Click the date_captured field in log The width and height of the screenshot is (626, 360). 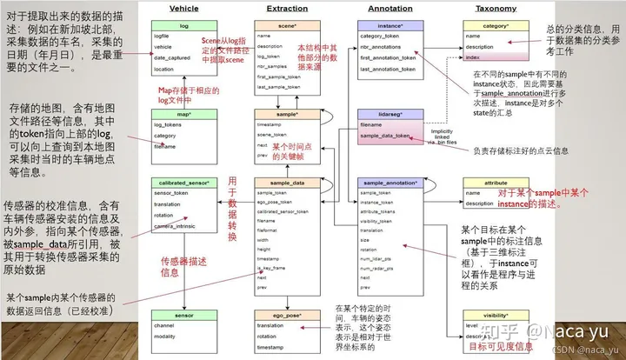[x=174, y=57]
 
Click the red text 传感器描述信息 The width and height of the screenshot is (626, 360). [x=184, y=266]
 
